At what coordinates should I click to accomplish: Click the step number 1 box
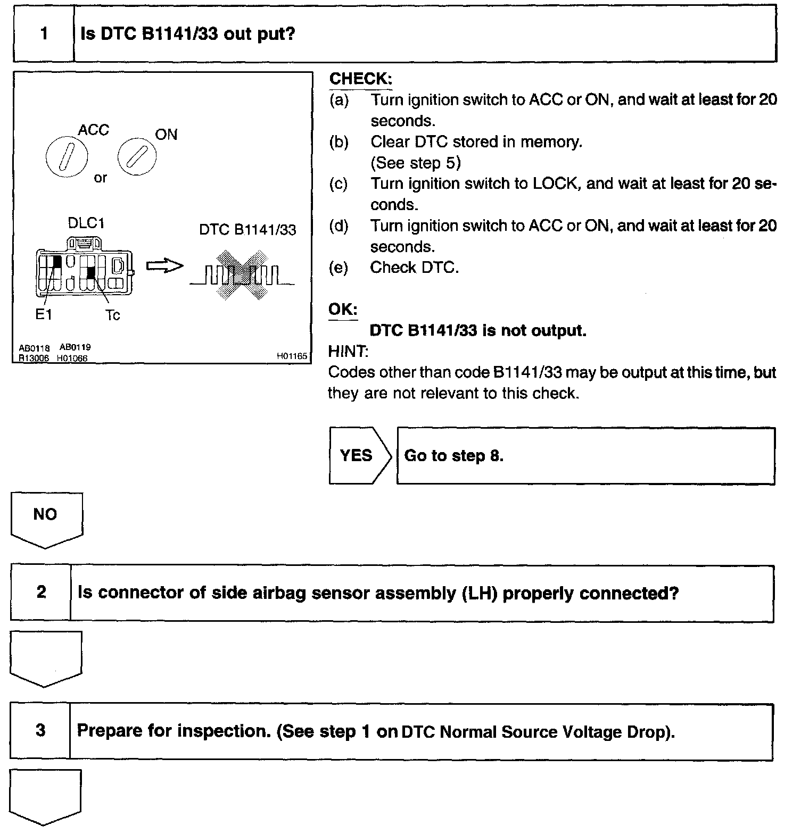click(x=44, y=34)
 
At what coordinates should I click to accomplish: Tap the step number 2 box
click(x=41, y=592)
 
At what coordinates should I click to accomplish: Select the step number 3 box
click(x=40, y=730)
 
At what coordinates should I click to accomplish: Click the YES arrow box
click(x=357, y=455)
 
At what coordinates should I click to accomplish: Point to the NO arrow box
click(x=46, y=518)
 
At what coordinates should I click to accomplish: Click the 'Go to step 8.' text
click(x=453, y=456)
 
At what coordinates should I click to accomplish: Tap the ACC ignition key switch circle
click(x=67, y=158)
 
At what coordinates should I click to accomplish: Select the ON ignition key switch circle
click(x=137, y=157)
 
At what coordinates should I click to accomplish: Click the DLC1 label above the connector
click(x=86, y=223)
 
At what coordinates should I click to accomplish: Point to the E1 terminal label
click(x=43, y=314)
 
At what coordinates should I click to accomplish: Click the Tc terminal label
click(x=112, y=315)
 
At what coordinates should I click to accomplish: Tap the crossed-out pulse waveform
click(x=241, y=274)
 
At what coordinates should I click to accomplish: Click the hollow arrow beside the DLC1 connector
click(x=164, y=266)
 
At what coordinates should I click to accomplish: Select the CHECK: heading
click(x=360, y=79)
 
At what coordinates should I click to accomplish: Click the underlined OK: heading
click(x=343, y=310)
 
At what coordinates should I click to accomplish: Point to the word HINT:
click(x=348, y=351)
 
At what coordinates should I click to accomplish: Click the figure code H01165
click(x=292, y=356)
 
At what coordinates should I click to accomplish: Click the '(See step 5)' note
click(x=416, y=163)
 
